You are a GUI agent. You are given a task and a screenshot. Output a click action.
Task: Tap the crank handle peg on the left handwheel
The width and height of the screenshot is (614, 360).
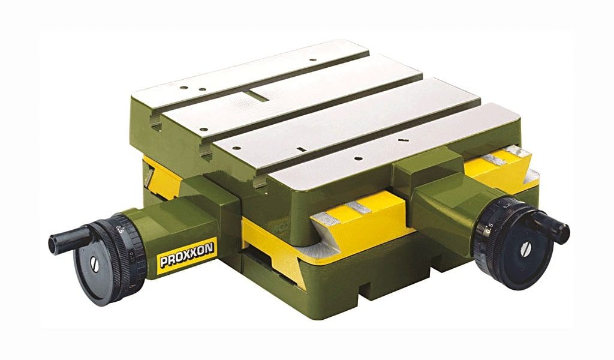point(65,241)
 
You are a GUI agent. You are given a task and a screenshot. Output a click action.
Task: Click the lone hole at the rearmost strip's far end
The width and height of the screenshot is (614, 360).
point(312,60)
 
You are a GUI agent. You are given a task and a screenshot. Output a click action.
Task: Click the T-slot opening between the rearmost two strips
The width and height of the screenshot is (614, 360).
point(156,125)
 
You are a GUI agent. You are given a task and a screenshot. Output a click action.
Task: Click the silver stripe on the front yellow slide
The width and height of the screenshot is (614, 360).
point(354,207)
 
